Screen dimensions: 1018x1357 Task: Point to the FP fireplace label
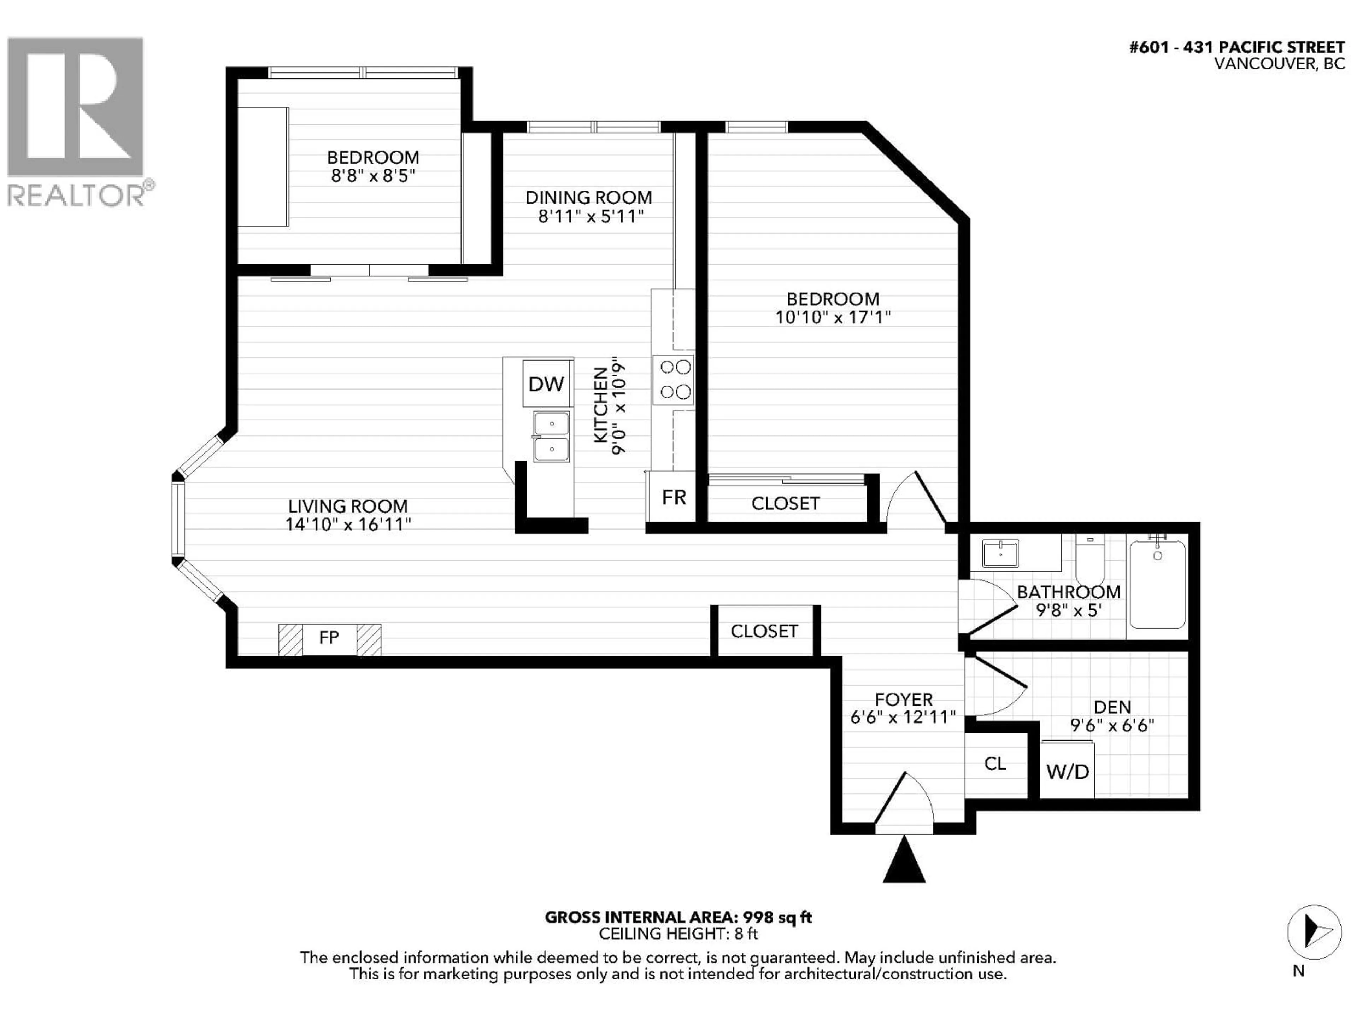(x=329, y=638)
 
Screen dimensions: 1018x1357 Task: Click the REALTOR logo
(x=76, y=122)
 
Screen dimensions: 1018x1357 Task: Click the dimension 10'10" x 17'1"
(x=833, y=318)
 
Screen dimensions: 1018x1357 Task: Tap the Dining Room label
(x=588, y=198)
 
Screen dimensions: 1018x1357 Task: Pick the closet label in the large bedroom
(x=785, y=504)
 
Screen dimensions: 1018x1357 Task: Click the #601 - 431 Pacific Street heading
(x=1237, y=47)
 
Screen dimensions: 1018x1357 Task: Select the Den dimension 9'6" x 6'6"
(x=1112, y=725)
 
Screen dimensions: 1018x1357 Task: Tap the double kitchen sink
(x=551, y=437)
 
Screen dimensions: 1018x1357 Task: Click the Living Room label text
(x=348, y=506)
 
